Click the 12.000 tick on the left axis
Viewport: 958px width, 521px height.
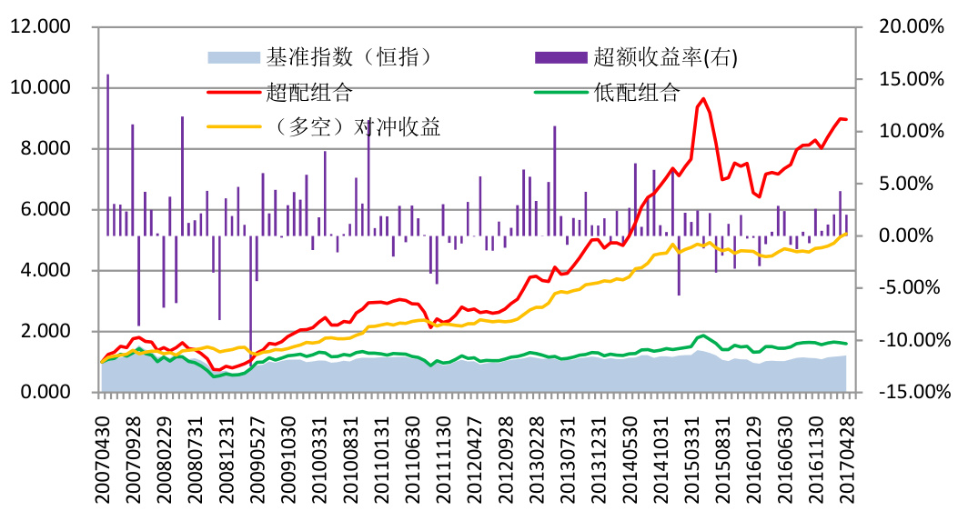(41, 27)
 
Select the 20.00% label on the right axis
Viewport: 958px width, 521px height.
(910, 27)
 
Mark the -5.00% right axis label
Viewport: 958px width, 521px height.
(910, 288)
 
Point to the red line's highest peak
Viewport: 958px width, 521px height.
(703, 99)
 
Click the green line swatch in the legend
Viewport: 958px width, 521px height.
(560, 92)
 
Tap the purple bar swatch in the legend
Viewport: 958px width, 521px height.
(560, 58)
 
